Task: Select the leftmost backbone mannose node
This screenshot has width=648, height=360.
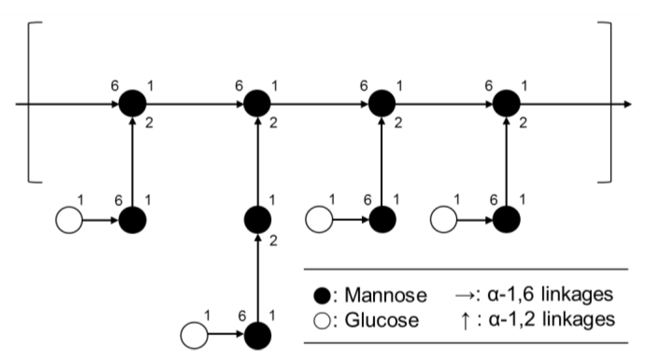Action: (x=132, y=104)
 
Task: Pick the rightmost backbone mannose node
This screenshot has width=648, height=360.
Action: (x=506, y=104)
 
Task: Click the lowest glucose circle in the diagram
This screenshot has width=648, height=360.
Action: (x=194, y=335)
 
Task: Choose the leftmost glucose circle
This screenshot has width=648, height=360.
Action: (x=69, y=220)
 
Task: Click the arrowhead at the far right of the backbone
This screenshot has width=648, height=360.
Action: (x=627, y=104)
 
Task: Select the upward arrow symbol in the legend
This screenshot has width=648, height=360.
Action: (x=465, y=320)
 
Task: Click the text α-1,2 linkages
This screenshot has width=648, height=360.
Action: (x=551, y=320)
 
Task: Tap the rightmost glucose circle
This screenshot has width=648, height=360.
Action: (x=444, y=219)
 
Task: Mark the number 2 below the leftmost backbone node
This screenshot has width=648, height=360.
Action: (x=149, y=124)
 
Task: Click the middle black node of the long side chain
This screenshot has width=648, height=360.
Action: (x=257, y=220)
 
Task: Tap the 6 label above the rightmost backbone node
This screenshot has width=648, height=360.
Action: (x=489, y=86)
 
